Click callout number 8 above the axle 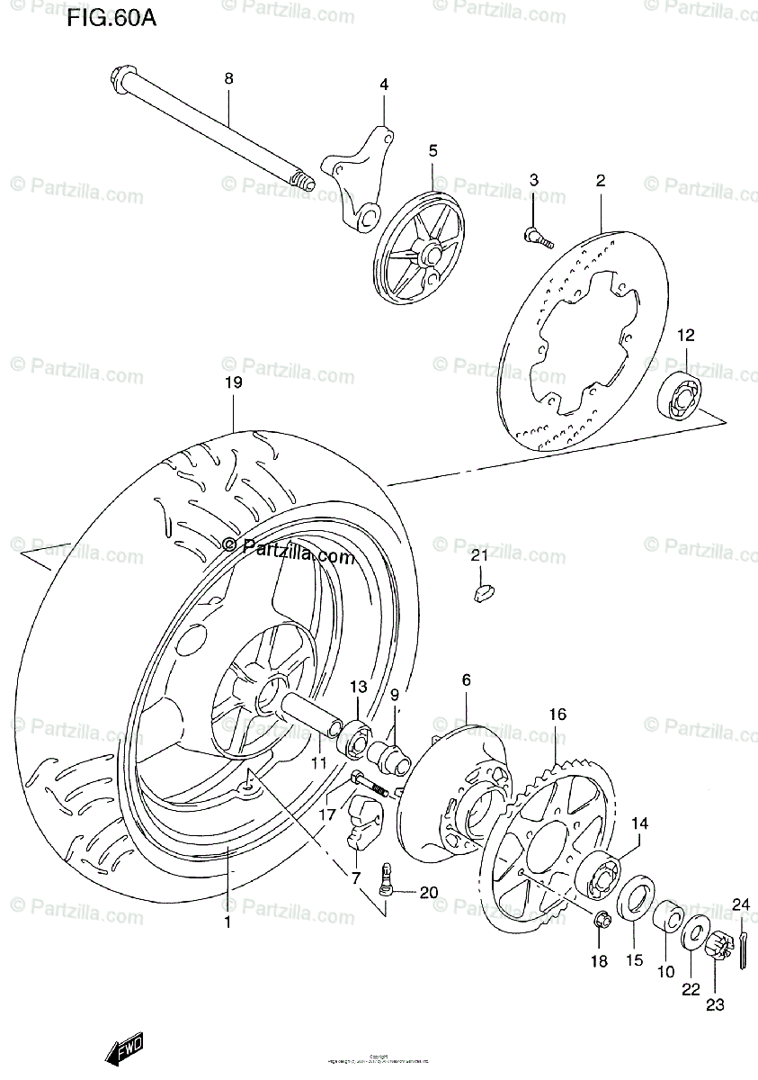pos(228,79)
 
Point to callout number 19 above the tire pos(233,382)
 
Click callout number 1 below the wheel pos(227,922)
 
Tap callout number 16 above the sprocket pos(557,715)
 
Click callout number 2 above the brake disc pos(600,180)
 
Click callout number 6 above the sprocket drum pos(466,680)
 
